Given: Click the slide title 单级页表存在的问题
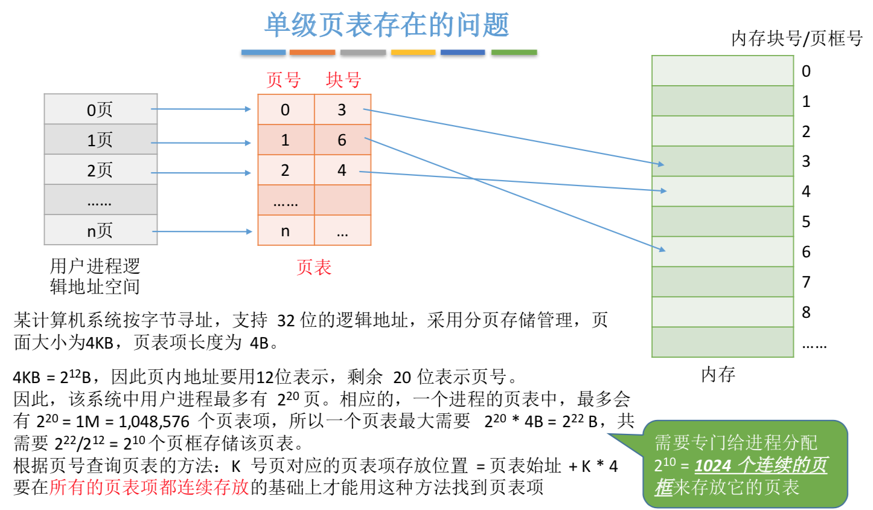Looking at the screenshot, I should pos(386,25).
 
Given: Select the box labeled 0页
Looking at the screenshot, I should pos(100,109).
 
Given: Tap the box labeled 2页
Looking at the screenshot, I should pos(100,170).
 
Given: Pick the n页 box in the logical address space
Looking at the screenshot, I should pos(100,230).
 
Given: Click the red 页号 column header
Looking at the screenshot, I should pos(283,80).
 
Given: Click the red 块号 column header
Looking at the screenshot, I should pos(343,80).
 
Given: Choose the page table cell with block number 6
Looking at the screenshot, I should pos(342,140).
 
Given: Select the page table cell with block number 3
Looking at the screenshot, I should pos(342,110).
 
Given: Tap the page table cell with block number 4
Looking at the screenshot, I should pos(342,170).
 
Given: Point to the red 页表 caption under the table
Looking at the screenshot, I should pos(314,267).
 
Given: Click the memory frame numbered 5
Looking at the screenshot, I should pos(722,221).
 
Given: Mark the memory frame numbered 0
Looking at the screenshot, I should pos(722,71).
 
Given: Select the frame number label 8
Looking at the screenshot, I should pos(806,312).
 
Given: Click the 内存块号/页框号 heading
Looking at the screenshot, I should pos(796,39).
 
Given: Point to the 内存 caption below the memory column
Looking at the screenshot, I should pos(718,375).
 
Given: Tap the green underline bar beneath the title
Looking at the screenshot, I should pos(514,53).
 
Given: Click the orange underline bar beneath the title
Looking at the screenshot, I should pos(312,53).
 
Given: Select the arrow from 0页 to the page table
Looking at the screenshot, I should pos(200,109).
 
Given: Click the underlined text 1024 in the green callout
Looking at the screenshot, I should pos(713,465).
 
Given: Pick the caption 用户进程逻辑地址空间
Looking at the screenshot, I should pos(95,276).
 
